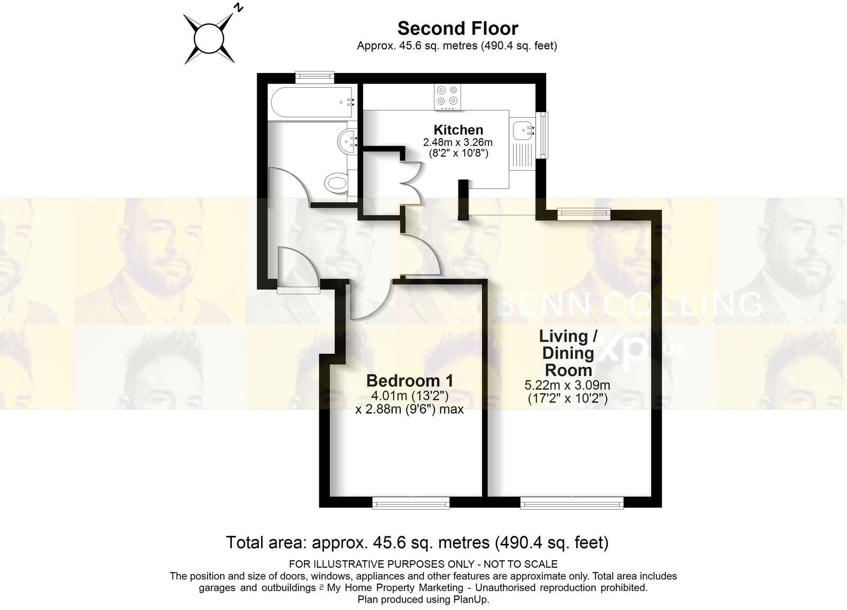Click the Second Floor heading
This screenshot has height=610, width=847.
point(457,28)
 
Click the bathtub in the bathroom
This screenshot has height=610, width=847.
point(311,102)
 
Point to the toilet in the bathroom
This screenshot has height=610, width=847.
point(337,183)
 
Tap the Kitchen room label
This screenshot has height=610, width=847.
point(458,130)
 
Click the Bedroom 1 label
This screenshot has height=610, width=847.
point(410,380)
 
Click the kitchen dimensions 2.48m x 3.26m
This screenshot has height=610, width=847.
point(458,142)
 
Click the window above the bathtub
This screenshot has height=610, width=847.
point(315,77)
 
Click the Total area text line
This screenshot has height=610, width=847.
point(417,542)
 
